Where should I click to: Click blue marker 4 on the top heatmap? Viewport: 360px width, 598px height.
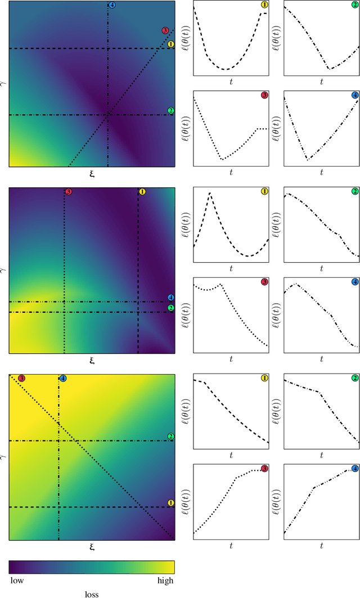111,5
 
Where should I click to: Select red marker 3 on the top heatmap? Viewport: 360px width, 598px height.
165,30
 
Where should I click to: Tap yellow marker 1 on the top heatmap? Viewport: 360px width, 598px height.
171,43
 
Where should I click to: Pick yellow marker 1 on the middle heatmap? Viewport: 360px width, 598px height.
142,192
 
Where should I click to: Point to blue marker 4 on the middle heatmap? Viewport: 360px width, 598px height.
171,297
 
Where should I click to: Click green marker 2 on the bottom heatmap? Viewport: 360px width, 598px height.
171,437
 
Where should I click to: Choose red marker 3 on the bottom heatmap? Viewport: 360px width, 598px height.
21,378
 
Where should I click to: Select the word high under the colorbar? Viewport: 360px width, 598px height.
165,580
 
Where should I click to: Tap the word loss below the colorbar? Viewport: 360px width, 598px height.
91,592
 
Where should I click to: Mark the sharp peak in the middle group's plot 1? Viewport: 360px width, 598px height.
210,193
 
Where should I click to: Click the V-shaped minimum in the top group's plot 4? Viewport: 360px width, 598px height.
308,160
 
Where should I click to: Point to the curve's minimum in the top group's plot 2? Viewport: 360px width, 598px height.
330,69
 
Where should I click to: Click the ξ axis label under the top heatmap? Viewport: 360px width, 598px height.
91,174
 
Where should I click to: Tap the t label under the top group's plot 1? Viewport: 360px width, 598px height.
231,82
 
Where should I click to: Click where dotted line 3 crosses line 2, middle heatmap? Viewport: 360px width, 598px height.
64,312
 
